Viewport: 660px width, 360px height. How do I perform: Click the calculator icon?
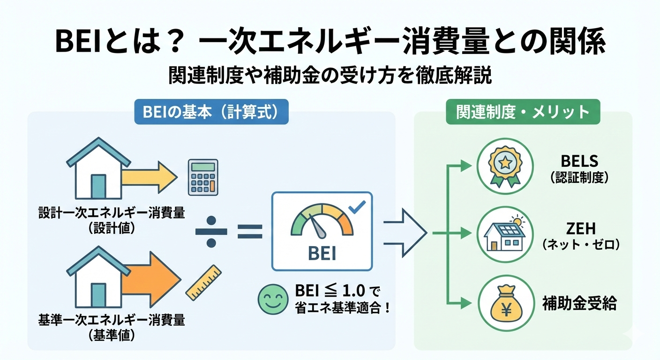click(202, 177)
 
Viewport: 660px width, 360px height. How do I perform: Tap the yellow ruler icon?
click(203, 282)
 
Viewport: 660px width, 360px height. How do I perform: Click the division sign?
click(211, 231)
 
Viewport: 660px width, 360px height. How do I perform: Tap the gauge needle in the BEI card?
click(320, 228)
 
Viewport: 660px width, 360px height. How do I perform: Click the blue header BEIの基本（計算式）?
click(211, 113)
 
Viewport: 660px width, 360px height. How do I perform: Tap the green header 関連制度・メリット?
click(523, 113)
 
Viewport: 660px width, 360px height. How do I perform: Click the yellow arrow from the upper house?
click(148, 178)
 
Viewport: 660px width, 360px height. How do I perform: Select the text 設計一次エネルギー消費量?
click(112, 213)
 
